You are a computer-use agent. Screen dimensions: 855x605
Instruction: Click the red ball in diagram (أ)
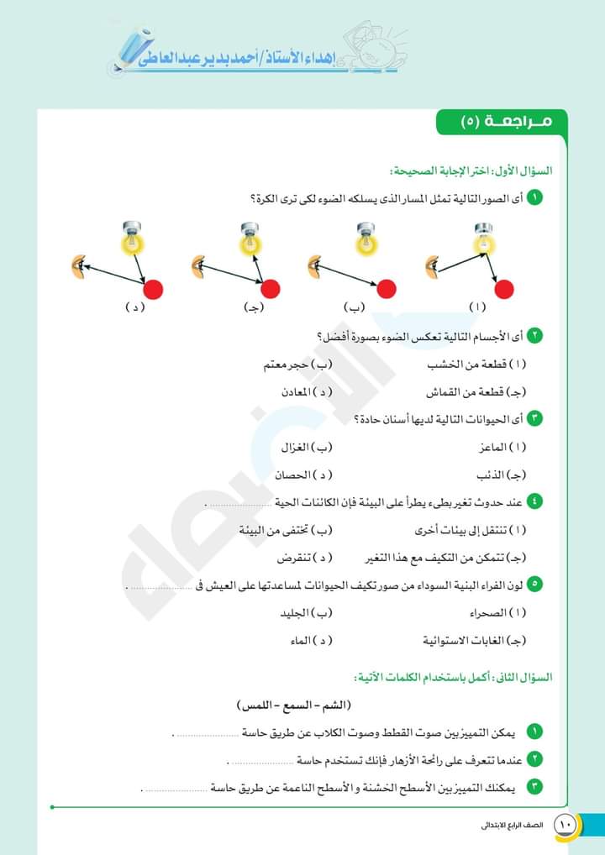tap(503, 290)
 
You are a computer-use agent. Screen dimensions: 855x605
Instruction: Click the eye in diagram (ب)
tap(314, 268)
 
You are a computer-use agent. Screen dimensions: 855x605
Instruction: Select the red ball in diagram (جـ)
tap(270, 290)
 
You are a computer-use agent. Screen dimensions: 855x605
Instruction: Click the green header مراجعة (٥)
tap(502, 122)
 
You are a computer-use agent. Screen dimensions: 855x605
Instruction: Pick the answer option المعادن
tap(308, 392)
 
